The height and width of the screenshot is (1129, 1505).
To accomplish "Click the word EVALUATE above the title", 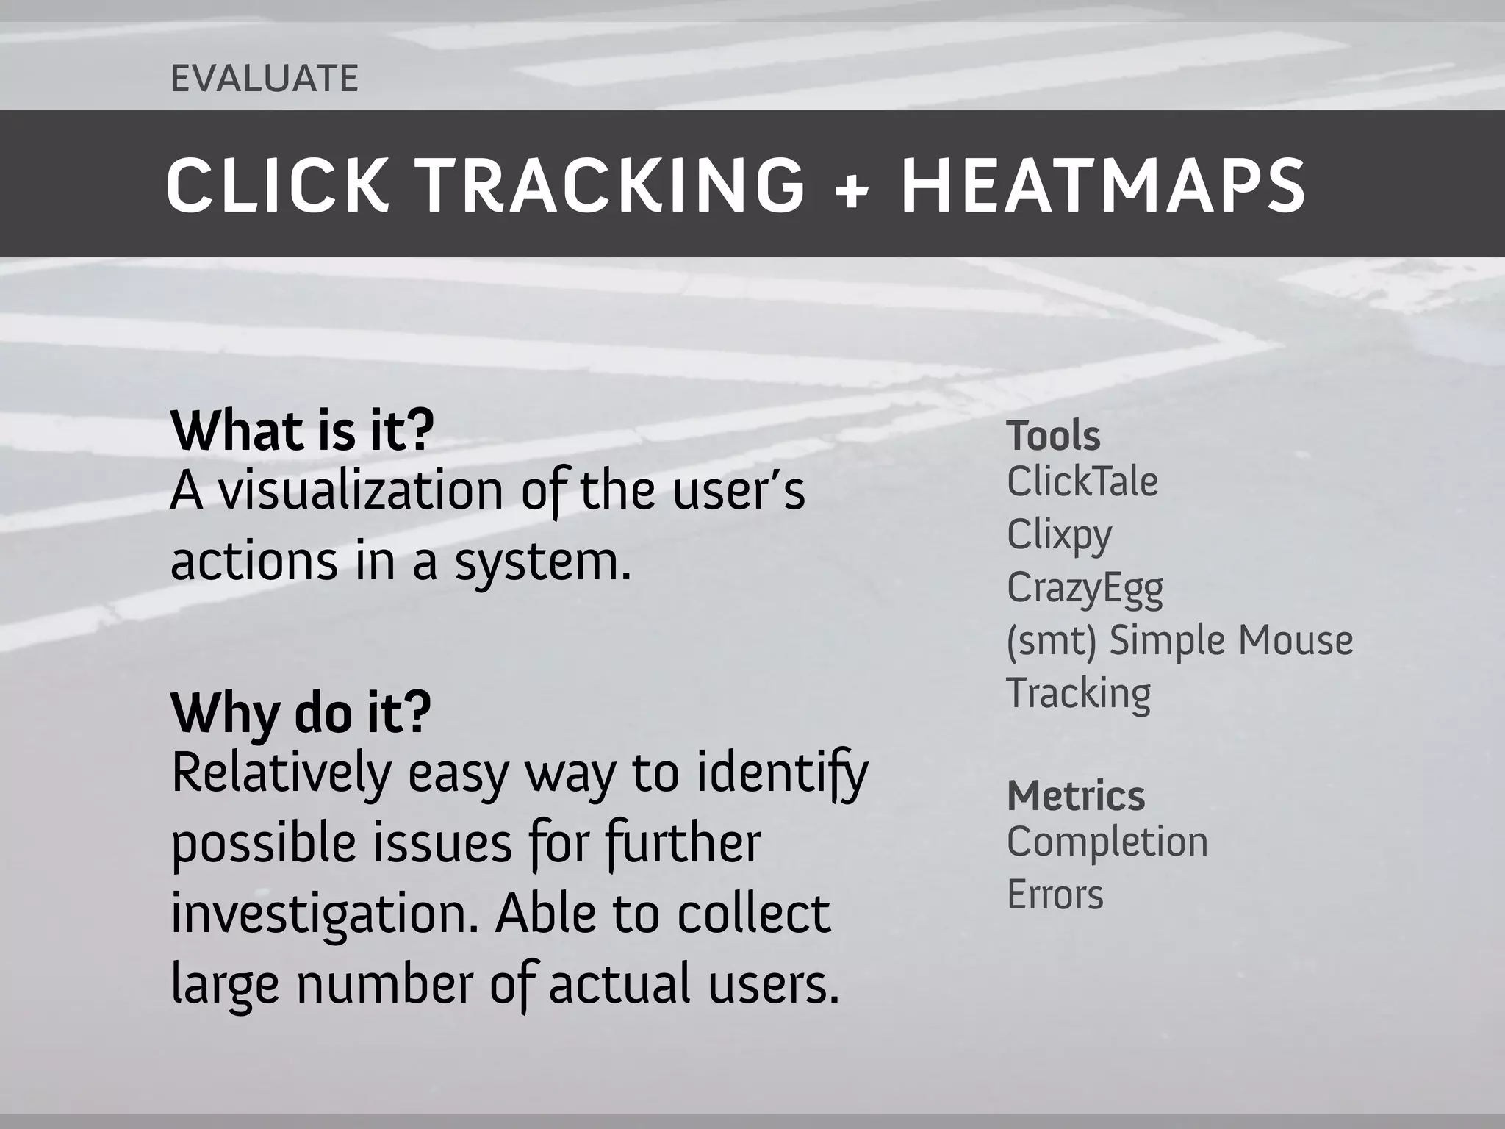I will coord(265,79).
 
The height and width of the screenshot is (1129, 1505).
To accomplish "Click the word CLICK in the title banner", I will coord(276,185).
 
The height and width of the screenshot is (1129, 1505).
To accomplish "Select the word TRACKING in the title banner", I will coord(614,185).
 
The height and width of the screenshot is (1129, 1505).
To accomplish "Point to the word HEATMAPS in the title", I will coord(1104,185).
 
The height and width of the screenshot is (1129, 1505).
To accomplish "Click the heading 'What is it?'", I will coord(302,431).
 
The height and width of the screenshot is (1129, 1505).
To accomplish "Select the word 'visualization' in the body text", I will coord(361,491).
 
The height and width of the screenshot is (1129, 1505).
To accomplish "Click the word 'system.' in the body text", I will coord(543,562).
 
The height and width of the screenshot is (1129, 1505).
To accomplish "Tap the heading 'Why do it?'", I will coord(301,713).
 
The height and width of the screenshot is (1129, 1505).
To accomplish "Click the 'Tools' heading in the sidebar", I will coord(1053,436).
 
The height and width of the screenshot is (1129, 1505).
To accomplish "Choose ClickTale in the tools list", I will coord(1082,482).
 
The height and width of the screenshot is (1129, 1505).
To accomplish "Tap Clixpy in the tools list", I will coord(1059,535).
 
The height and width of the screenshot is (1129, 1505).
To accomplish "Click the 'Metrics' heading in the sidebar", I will coord(1076,796).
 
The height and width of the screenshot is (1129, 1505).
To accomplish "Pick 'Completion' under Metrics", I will coord(1107,842).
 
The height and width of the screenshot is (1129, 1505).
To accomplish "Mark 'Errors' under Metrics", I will coord(1055,895).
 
